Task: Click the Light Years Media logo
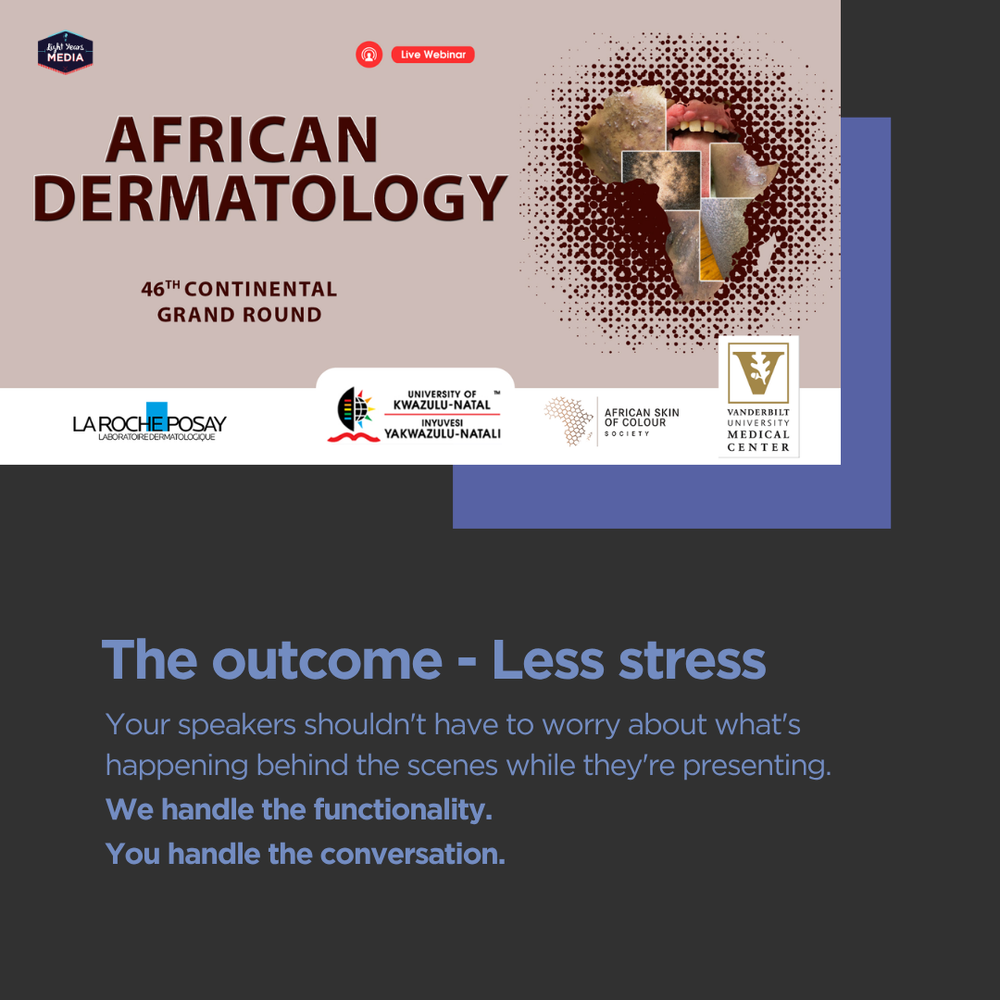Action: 65,52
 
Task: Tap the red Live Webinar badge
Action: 432,55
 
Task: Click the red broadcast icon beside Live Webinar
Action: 369,55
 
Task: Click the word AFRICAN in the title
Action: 242,140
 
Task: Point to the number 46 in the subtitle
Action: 153,290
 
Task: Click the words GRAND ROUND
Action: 239,315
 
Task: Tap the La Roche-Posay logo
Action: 149,422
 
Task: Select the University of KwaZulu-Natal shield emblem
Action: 354,414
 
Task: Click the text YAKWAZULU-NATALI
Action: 442,434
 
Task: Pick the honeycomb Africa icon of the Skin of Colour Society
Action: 568,420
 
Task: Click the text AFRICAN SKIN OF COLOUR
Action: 642,418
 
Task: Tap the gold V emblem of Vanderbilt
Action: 758,372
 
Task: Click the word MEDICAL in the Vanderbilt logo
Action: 758,434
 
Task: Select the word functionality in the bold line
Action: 403,810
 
